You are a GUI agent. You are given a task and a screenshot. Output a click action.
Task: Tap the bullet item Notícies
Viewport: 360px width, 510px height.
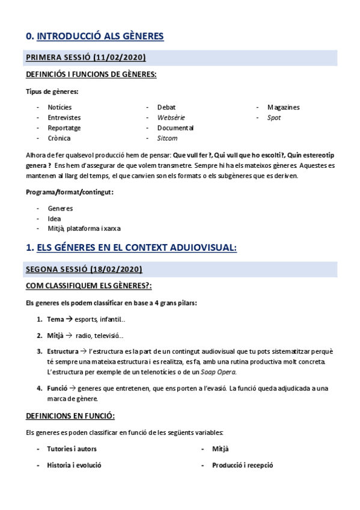[59, 107]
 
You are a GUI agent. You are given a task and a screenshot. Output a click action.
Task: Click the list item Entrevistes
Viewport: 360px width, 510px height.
[64, 117]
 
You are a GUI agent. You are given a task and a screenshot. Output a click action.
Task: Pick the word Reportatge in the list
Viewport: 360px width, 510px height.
[64, 127]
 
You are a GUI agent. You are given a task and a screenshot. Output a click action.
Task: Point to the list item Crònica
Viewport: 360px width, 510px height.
[59, 138]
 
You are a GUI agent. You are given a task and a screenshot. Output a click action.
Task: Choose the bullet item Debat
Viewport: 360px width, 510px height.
[166, 107]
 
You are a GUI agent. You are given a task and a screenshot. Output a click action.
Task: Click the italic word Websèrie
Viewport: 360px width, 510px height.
[171, 117]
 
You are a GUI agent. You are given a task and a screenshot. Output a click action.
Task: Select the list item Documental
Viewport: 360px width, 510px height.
[175, 127]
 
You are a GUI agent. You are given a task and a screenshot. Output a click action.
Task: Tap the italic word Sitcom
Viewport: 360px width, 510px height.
[167, 138]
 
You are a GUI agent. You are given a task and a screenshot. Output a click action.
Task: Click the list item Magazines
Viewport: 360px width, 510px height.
[284, 107]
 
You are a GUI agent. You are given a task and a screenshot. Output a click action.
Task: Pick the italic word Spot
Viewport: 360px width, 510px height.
[274, 117]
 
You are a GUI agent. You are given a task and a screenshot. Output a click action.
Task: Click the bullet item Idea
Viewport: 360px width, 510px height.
[54, 218]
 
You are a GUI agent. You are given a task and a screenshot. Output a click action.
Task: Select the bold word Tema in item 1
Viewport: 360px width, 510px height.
[55, 319]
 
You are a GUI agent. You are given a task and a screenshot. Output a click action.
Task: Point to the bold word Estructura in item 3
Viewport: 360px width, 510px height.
[63, 351]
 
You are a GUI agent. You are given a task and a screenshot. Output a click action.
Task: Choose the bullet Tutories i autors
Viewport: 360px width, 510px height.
[72, 449]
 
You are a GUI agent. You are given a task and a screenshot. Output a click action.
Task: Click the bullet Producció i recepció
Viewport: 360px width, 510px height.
[243, 465]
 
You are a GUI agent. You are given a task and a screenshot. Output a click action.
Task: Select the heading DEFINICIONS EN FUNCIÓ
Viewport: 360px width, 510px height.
[70, 416]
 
